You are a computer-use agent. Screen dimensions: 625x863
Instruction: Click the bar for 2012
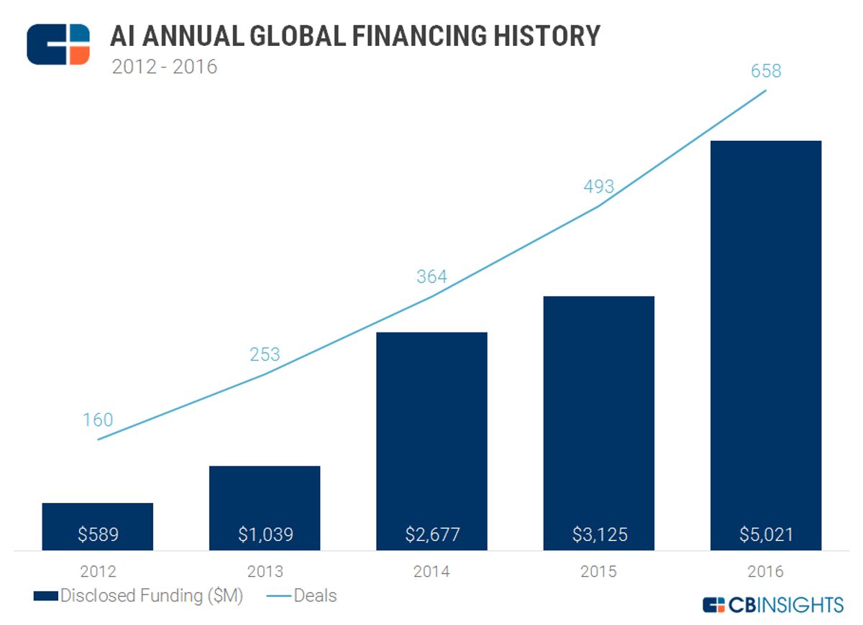pyautogui.click(x=98, y=517)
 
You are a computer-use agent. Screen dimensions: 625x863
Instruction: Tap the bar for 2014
pyautogui.click(x=431, y=431)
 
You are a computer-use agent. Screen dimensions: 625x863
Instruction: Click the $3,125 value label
pyautogui.click(x=599, y=534)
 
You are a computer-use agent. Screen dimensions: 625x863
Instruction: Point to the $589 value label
pyautogui.click(x=98, y=534)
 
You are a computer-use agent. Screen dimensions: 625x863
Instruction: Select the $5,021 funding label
pyautogui.click(x=765, y=534)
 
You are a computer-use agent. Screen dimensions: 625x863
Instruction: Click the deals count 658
pyautogui.click(x=765, y=72)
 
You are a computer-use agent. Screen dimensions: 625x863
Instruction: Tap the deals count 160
pyautogui.click(x=98, y=420)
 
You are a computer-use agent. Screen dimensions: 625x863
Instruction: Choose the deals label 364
pyautogui.click(x=431, y=277)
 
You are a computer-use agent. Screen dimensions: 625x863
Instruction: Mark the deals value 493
pyautogui.click(x=599, y=187)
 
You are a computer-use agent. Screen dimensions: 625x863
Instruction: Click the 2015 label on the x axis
pyautogui.click(x=599, y=572)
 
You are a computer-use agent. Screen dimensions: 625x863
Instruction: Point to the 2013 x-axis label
pyautogui.click(x=265, y=572)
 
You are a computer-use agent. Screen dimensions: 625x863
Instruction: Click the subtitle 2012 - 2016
pyautogui.click(x=164, y=68)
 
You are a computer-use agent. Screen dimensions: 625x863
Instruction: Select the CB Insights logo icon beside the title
pyautogui.click(x=58, y=44)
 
